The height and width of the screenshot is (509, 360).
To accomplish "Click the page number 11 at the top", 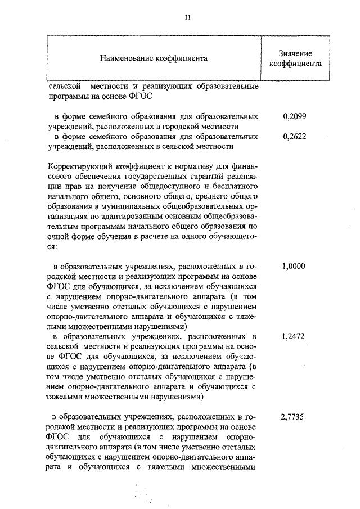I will (x=187, y=17).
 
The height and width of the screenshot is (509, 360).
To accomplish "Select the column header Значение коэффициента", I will (x=295, y=58).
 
